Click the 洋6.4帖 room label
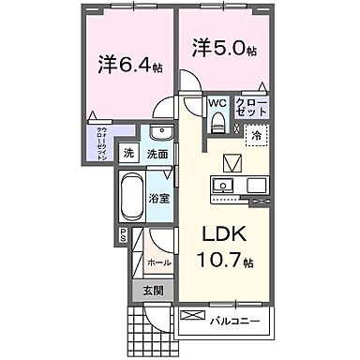pos(128,67)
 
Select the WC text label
pos(217,103)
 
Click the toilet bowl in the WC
pos(217,122)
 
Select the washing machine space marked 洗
pos(130,154)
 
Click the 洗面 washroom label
pos(157,154)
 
